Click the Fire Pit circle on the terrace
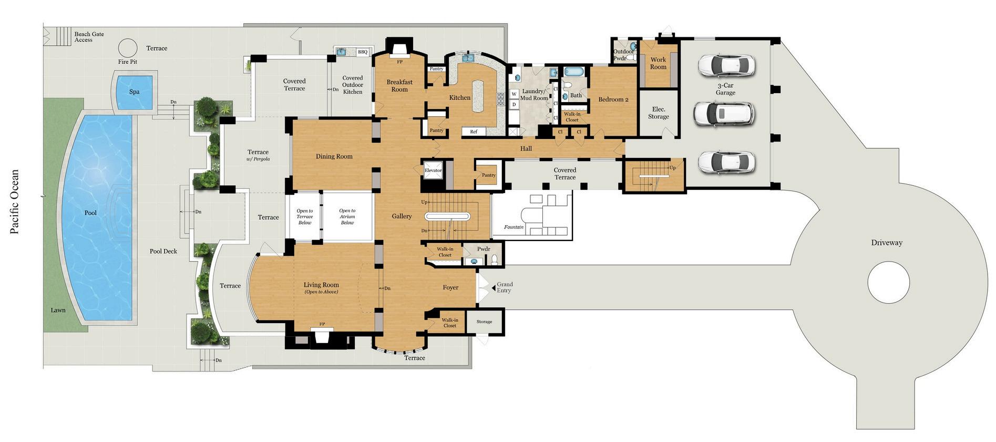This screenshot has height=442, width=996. pyautogui.click(x=127, y=48)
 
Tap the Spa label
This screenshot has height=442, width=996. pyautogui.click(x=135, y=92)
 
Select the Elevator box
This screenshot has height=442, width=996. pyautogui.click(x=434, y=170)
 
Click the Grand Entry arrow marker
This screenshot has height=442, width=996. pyautogui.click(x=493, y=288)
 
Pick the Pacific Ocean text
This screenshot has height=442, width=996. pyautogui.click(x=15, y=202)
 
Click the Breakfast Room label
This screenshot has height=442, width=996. pyautogui.click(x=399, y=86)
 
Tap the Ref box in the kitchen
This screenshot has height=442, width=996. pyautogui.click(x=474, y=132)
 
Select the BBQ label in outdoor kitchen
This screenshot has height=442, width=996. pyautogui.click(x=363, y=52)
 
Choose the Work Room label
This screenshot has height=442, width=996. pyautogui.click(x=658, y=63)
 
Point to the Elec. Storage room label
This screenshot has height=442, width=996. pyautogui.click(x=659, y=113)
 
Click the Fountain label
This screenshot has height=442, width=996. pyautogui.click(x=514, y=227)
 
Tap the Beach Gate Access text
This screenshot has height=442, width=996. pyautogui.click(x=89, y=37)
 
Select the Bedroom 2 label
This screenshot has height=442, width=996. pyautogui.click(x=613, y=99)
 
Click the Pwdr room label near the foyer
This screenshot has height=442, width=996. pyautogui.click(x=484, y=249)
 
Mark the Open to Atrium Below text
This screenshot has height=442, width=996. pyautogui.click(x=347, y=217)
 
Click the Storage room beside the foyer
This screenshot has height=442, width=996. pyautogui.click(x=485, y=322)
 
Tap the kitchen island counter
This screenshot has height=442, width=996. pyautogui.click(x=477, y=96)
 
